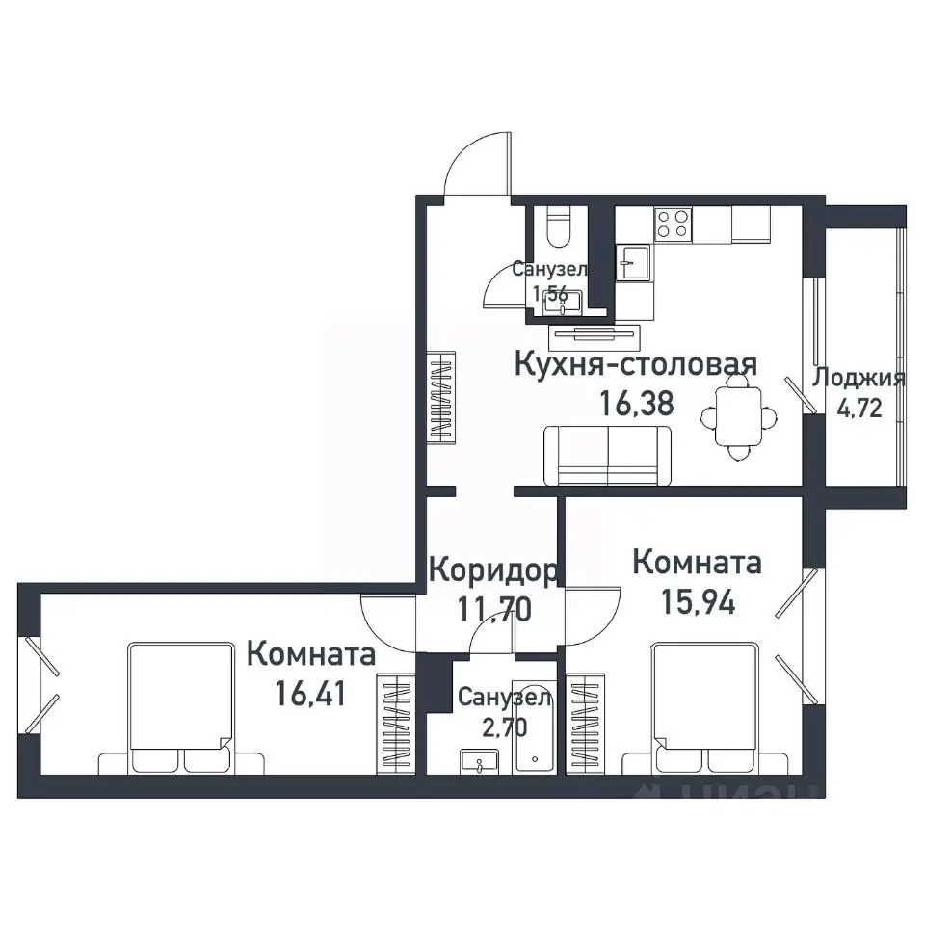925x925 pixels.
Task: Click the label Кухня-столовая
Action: click(636, 365)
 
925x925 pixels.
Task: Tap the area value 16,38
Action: click(636, 403)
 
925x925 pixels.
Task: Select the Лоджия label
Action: click(859, 378)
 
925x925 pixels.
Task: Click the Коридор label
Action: click(491, 570)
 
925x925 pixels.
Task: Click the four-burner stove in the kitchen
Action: click(673, 225)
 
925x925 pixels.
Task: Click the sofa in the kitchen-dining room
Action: click(608, 456)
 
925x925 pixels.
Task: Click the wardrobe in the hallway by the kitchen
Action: click(441, 397)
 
